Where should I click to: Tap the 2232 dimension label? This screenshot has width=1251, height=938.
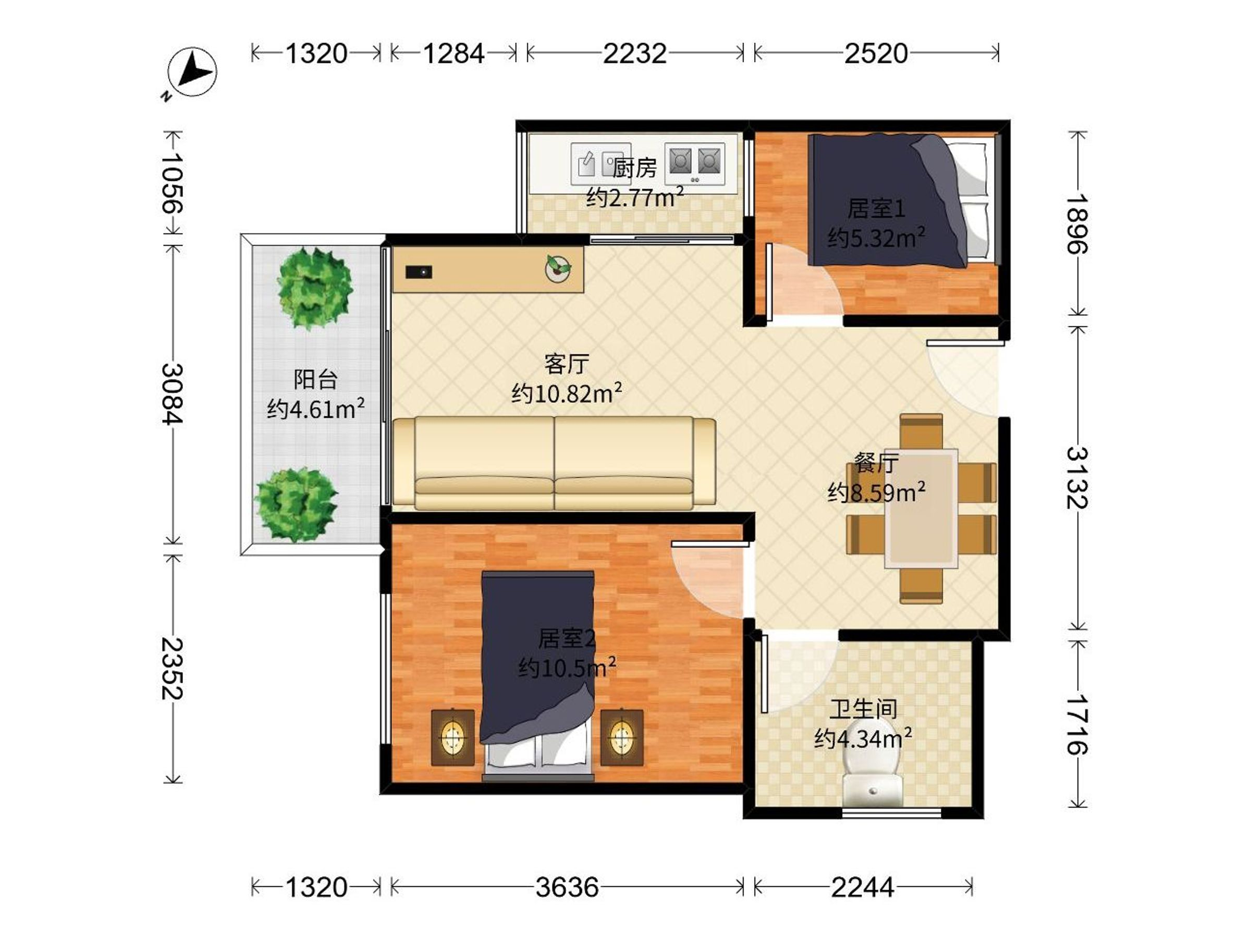[634, 54]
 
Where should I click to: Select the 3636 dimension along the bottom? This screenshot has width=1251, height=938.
[567, 887]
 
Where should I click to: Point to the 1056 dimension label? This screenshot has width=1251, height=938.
[173, 182]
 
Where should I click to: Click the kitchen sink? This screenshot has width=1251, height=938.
[600, 164]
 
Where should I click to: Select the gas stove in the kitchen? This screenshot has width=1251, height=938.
[694, 164]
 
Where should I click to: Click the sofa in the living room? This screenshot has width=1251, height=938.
[554, 463]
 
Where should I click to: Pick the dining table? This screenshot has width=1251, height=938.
[921, 508]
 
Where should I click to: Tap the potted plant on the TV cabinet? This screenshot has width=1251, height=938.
[558, 268]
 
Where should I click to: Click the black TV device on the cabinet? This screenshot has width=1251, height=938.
[419, 273]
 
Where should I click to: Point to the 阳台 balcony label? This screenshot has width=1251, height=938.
[315, 379]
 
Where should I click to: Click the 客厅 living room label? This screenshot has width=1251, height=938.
[567, 364]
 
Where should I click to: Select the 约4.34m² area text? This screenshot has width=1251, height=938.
[863, 738]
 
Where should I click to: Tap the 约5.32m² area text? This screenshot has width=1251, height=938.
[877, 238]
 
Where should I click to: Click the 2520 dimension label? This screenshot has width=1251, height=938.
[876, 54]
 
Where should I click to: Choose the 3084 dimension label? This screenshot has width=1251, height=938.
[173, 393]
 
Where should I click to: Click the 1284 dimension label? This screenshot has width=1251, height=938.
[453, 54]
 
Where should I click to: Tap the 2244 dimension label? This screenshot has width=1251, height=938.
[863, 887]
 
